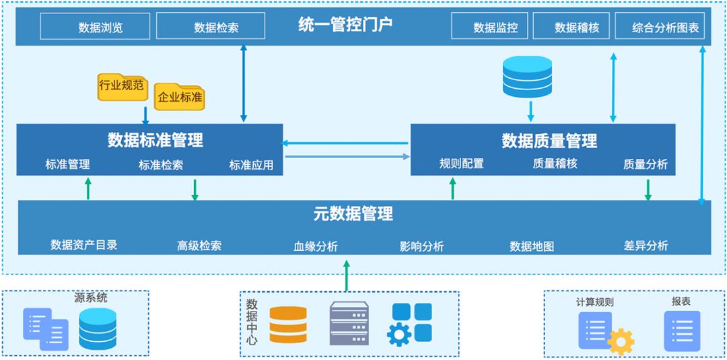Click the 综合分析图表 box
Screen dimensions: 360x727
[x=660, y=28]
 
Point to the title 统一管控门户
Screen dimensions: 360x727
[x=345, y=26]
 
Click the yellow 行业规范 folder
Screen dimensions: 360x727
[x=121, y=86]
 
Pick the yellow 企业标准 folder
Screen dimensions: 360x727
[x=179, y=97]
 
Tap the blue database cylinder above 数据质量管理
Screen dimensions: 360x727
[x=527, y=75]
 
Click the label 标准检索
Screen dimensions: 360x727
[x=161, y=165]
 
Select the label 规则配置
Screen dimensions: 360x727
[x=461, y=164]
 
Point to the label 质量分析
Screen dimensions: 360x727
[x=645, y=164]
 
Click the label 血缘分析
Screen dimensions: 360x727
[x=316, y=246]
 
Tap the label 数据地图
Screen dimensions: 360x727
[x=532, y=246]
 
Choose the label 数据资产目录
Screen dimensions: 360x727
[x=84, y=245]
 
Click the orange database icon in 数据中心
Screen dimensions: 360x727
[x=287, y=324]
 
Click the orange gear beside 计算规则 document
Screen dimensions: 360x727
[x=621, y=341]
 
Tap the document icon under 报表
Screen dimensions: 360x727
[x=682, y=330]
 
